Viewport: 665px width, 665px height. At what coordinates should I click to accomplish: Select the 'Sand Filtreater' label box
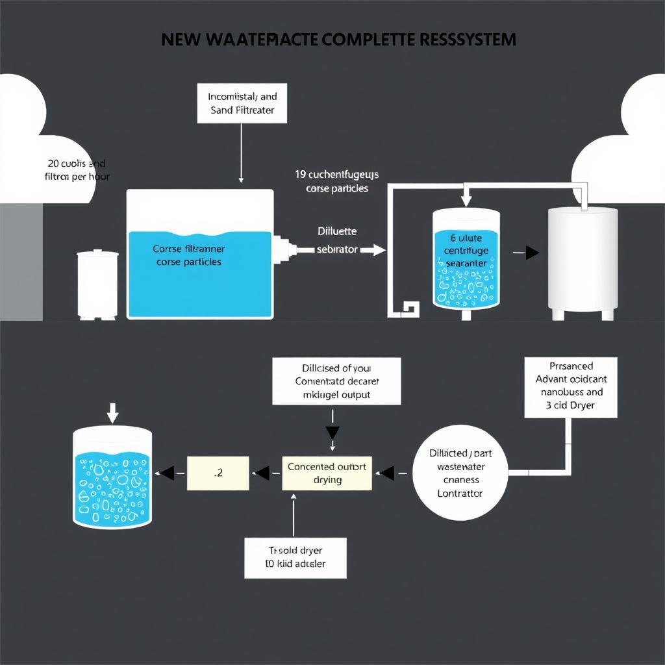point(242,103)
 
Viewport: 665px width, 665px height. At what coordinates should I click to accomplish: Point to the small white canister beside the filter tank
point(97,284)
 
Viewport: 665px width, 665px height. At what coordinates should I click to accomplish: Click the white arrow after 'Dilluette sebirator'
point(372,249)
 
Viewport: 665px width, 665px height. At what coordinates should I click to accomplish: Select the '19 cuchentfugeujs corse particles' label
point(337,181)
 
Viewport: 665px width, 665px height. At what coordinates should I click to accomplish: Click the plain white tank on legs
point(582,260)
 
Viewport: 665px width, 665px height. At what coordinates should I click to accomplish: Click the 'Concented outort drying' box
point(327,473)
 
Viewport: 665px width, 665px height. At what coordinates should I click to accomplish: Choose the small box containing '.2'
point(218,473)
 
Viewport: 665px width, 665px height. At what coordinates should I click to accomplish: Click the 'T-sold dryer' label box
point(295,557)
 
